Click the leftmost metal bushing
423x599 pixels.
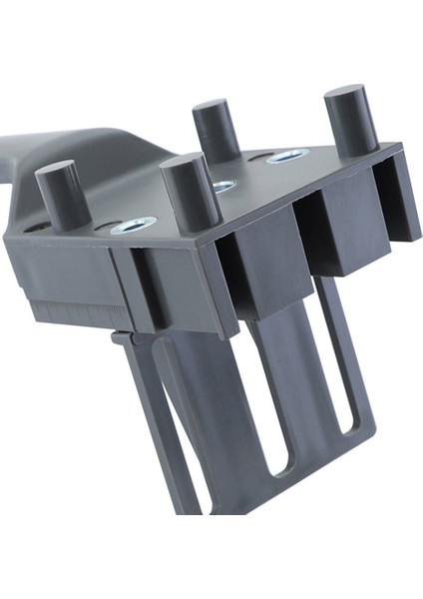coord(134,225)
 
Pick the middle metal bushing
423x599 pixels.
coord(223,186)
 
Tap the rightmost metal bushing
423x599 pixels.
coord(288,156)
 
